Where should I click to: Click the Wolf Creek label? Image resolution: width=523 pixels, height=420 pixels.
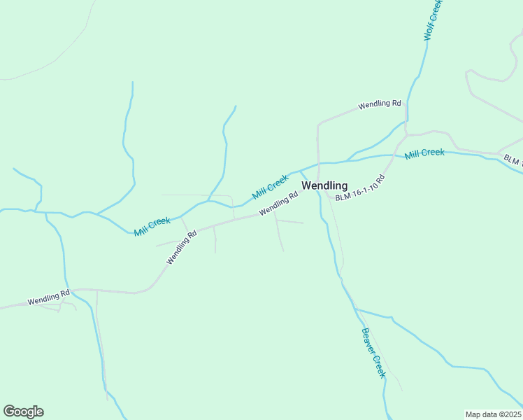coord(434,20)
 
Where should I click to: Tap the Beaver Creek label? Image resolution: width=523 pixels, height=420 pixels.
coord(373,353)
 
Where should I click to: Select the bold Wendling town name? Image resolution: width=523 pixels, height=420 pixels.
coord(324,185)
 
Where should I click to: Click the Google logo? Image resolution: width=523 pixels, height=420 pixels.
coord(23,412)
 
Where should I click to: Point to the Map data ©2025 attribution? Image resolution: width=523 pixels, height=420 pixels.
coord(493,414)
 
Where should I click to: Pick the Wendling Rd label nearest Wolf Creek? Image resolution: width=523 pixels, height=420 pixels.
coord(380,104)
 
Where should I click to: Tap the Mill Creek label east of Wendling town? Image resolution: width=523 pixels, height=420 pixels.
coord(424,153)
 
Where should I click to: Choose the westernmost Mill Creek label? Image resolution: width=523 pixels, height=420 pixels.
coord(152,226)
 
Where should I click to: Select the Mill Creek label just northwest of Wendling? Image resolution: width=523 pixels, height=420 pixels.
coord(270,186)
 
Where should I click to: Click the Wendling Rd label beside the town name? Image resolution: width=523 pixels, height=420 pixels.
coord(278,204)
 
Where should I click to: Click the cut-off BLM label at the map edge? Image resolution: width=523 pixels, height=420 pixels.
coord(512,160)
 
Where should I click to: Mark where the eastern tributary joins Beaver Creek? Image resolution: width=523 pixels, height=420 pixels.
coord(354,307)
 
